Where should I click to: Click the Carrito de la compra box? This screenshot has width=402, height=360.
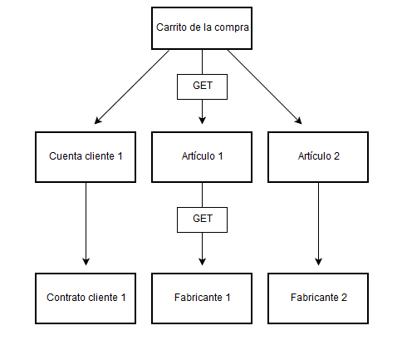coord(202,28)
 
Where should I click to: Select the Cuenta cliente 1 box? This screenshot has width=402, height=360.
coord(86,157)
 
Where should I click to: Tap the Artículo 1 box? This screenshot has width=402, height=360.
coord(202,157)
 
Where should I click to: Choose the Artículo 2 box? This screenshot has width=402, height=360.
coord(318,157)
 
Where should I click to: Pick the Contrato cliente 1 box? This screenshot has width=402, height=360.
coord(86,298)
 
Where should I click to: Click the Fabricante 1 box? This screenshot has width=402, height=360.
coord(202,298)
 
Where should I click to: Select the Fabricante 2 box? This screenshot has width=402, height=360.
coord(318,298)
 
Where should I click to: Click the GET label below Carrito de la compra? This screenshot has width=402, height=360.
coord(203,86)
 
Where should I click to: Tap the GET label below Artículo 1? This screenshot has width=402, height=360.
coord(203,219)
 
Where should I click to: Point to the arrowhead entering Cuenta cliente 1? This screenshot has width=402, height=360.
coord(97,121)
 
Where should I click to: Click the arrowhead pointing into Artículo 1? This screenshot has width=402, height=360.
coord(202,121)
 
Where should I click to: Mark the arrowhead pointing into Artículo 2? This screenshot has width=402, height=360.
coord(299,121)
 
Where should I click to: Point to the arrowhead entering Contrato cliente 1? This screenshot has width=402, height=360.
coord(86,262)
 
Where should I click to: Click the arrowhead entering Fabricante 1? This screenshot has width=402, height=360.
coord(202,262)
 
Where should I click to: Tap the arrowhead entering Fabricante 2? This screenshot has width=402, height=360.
coord(318,262)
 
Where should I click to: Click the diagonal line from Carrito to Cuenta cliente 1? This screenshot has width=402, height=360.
coord(132,86)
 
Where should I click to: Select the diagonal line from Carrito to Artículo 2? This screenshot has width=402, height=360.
coord(265,86)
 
